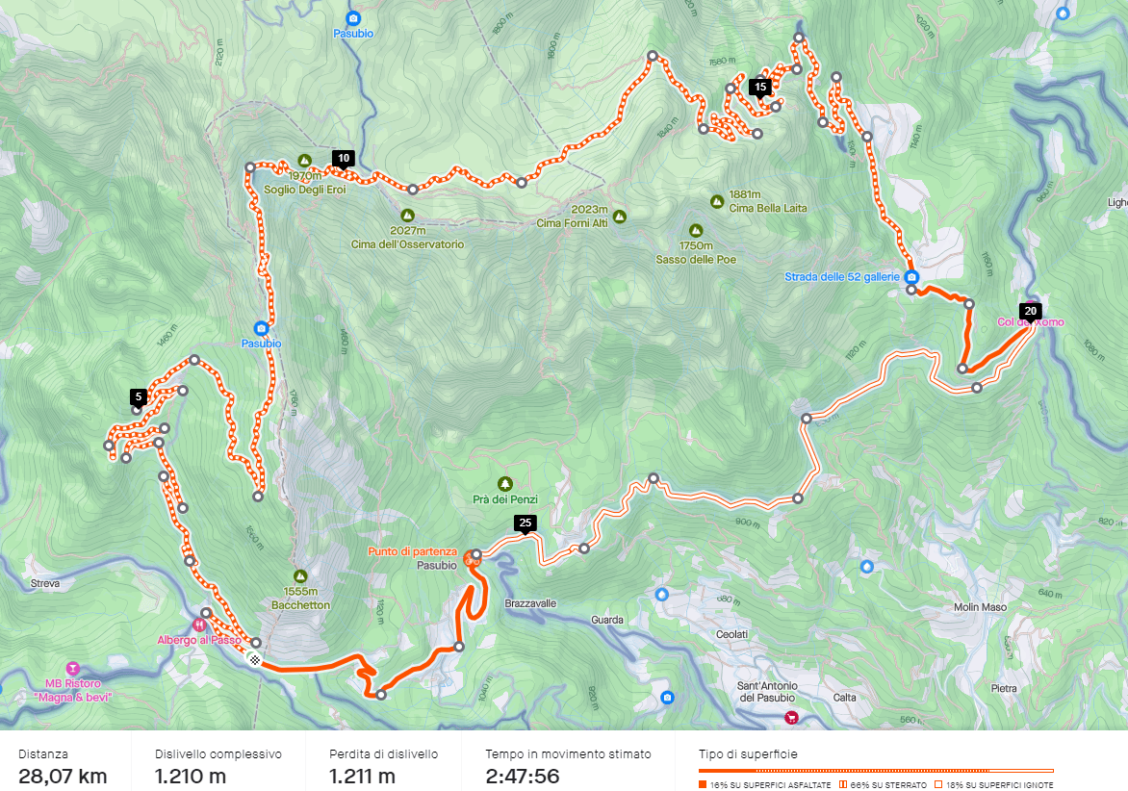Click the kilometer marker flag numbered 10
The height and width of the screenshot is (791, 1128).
(343, 159)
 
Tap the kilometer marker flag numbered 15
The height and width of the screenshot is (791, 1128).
(760, 87)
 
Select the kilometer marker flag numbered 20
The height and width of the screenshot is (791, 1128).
(1030, 311)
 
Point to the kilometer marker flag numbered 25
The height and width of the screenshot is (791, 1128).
(525, 523)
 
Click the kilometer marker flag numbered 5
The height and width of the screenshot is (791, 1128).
(139, 396)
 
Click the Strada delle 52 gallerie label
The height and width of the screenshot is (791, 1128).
(842, 277)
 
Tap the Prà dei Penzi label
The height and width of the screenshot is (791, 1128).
(504, 499)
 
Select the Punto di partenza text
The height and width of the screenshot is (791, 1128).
(412, 551)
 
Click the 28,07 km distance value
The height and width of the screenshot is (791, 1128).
(63, 777)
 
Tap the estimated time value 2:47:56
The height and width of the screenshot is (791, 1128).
(522, 777)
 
